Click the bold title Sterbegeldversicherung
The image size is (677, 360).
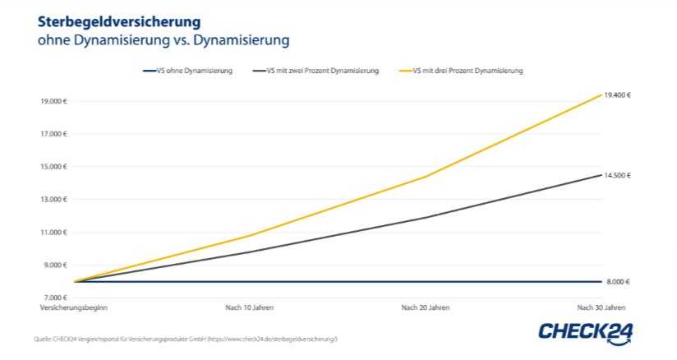[108, 21]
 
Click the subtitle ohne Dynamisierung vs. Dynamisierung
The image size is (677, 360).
[152, 39]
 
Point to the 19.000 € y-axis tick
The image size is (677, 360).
[53, 101]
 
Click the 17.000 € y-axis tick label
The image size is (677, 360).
[53, 134]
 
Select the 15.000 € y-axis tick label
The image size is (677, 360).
[53, 167]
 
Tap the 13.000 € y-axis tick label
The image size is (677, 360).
[53, 200]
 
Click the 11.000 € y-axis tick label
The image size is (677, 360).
[53, 233]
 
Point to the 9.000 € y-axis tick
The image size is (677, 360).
[55, 265]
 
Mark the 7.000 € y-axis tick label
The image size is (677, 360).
[55, 298]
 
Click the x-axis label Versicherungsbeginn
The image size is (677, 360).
[74, 307]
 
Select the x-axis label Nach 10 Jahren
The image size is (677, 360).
[250, 307]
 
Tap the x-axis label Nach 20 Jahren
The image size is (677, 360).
[426, 307]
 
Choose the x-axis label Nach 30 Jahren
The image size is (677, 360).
[601, 307]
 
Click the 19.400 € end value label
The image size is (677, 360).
[617, 95]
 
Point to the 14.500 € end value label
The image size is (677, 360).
[617, 176]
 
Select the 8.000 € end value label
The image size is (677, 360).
[617, 282]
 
